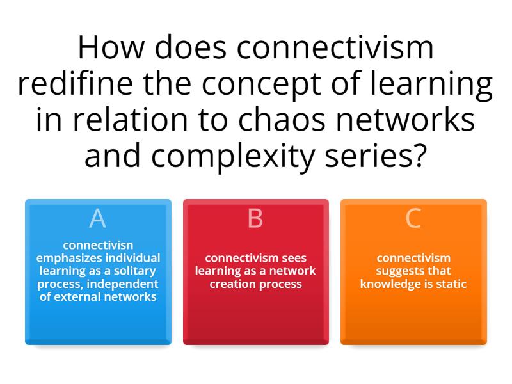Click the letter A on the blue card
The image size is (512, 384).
tap(97, 219)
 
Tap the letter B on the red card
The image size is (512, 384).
tap(255, 219)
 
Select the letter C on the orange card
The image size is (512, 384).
tap(413, 219)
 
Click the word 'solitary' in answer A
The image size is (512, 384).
tap(136, 271)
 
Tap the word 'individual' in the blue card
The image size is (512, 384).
tap(131, 258)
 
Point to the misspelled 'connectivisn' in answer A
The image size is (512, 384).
tap(98, 245)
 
